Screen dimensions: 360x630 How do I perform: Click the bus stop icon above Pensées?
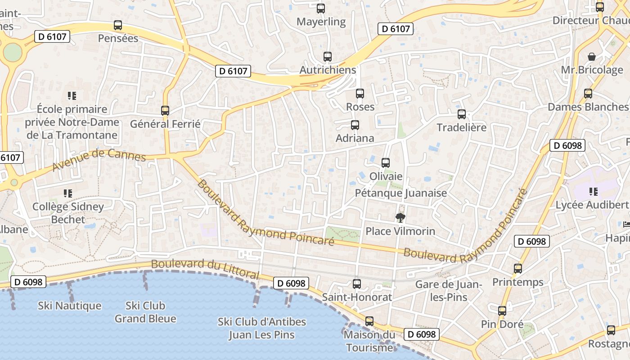pyautogui.click(x=118, y=25)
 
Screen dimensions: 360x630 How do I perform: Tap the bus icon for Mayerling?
pyautogui.click(x=321, y=9)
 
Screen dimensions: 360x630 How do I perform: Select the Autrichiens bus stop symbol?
pyautogui.click(x=328, y=57)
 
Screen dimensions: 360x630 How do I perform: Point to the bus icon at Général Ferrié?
pyautogui.click(x=165, y=110)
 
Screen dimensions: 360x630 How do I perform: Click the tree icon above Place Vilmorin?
pyautogui.click(x=400, y=218)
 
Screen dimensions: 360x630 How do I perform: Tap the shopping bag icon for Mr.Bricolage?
pyautogui.click(x=592, y=57)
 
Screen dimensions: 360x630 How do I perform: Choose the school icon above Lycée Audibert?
pyautogui.click(x=594, y=192)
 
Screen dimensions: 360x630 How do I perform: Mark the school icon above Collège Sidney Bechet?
pyautogui.click(x=68, y=193)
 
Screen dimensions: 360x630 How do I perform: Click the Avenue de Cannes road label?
pyautogui.click(x=99, y=160)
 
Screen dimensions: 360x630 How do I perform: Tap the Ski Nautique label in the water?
pyautogui.click(x=70, y=306)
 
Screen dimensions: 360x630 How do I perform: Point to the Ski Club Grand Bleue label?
pyautogui.click(x=145, y=312)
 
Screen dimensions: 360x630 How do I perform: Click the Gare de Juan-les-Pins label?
pyautogui.click(x=448, y=291)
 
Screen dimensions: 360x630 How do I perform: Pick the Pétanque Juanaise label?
pyautogui.click(x=401, y=193)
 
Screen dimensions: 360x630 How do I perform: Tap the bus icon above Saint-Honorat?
pyautogui.click(x=357, y=284)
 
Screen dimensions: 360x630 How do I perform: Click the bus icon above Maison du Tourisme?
pyautogui.click(x=369, y=321)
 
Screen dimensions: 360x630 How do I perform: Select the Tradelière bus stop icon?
pyautogui.click(x=462, y=114)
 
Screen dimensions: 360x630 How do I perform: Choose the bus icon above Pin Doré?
pyautogui.click(x=502, y=311)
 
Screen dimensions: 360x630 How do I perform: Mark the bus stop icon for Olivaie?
pyautogui.click(x=386, y=163)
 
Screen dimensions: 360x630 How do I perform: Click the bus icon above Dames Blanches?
pyautogui.click(x=588, y=94)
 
